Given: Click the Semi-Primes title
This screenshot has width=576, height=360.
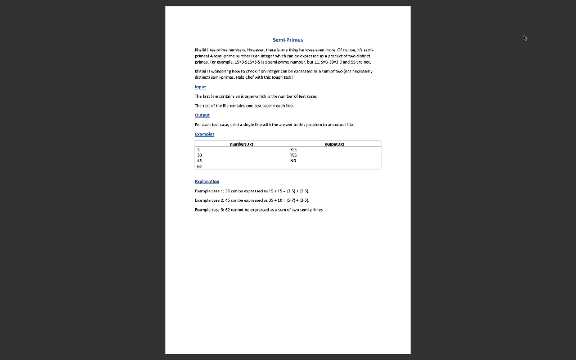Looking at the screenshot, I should (287, 40).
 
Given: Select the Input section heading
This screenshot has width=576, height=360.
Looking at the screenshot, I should (200, 87).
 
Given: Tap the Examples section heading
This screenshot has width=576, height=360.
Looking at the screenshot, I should (204, 134).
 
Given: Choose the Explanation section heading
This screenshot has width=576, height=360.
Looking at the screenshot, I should (207, 182).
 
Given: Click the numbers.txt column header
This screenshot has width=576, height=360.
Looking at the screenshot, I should (241, 144).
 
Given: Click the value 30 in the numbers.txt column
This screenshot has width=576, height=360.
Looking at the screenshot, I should (199, 155).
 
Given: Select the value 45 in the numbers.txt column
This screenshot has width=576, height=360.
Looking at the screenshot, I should (199, 160).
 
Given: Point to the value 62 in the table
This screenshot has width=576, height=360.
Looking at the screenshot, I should (199, 166).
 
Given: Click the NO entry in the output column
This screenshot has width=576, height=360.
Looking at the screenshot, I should (292, 160).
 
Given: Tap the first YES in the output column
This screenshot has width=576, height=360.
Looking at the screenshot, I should (292, 150).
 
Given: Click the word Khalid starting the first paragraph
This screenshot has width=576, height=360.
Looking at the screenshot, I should (201, 50).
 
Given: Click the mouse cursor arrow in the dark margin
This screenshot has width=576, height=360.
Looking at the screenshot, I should (525, 38).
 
